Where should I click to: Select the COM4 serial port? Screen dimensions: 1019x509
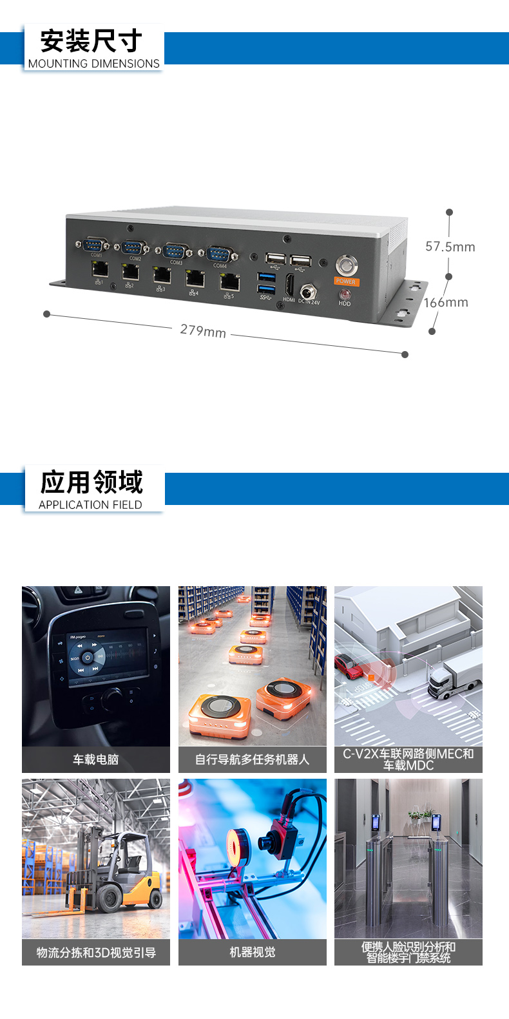pyautogui.click(x=220, y=254)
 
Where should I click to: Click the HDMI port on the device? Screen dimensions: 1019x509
pyautogui.click(x=289, y=285)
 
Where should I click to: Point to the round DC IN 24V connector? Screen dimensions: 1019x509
pyautogui.click(x=306, y=292)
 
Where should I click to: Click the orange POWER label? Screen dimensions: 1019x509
pyautogui.click(x=346, y=281)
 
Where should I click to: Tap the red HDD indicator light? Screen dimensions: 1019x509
pyautogui.click(x=345, y=294)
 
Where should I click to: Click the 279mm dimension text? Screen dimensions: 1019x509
pyautogui.click(x=203, y=330)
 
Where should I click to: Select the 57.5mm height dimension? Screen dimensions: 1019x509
pyautogui.click(x=450, y=247)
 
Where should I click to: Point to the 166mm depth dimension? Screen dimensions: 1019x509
pyautogui.click(x=446, y=303)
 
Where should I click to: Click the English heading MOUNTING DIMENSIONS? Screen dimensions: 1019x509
pyautogui.click(x=93, y=64)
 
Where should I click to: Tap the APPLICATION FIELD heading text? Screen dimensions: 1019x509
pyautogui.click(x=90, y=505)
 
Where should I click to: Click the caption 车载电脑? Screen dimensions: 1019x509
pyautogui.click(x=95, y=760)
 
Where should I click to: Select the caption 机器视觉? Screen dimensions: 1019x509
pyautogui.click(x=252, y=953)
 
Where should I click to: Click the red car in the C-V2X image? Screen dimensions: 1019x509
pyautogui.click(x=349, y=666)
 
